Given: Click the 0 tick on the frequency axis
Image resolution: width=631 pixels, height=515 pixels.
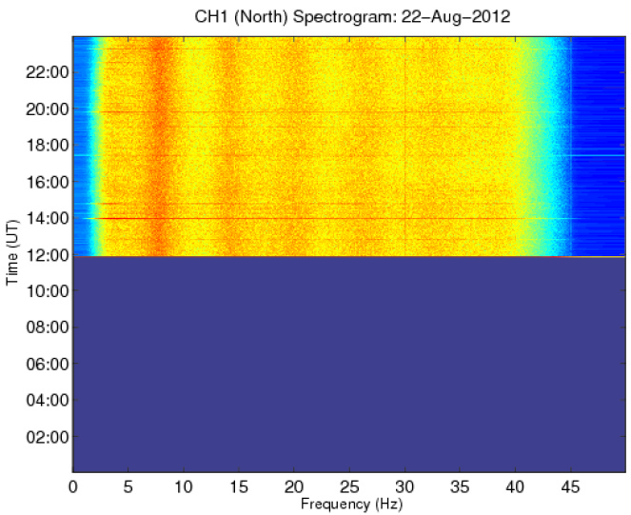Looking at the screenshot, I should (x=72, y=485).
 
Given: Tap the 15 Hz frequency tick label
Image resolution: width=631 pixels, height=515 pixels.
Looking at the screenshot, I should (x=239, y=485).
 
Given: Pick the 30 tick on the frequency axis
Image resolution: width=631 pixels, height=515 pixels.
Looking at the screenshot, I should (x=406, y=485).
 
